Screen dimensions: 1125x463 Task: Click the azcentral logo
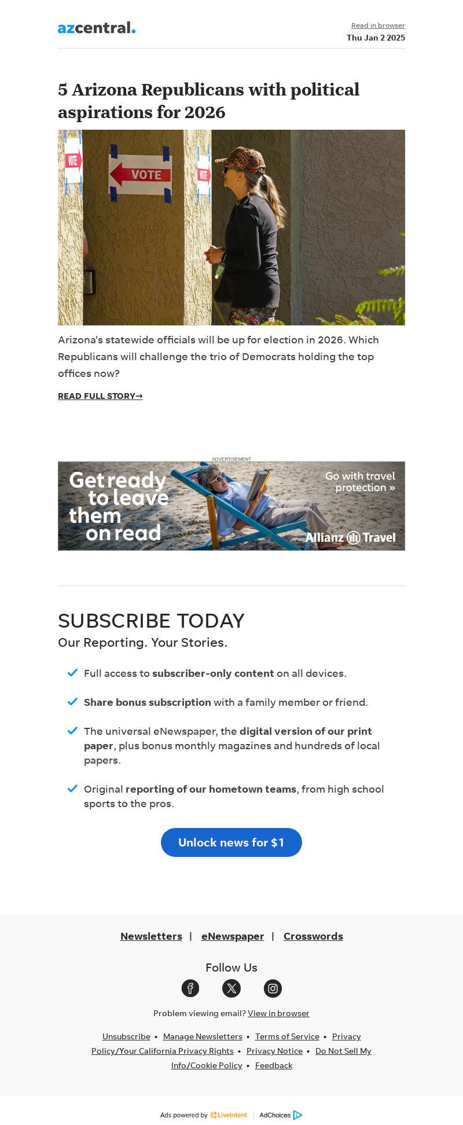96,28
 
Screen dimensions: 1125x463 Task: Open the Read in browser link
378,25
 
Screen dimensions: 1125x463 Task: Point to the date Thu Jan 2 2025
376,38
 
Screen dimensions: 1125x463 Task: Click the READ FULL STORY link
100,396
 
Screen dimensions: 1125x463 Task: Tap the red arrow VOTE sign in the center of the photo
141,174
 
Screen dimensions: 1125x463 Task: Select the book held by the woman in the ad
258,485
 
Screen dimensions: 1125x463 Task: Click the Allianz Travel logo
351,537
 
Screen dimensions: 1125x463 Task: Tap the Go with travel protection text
360,482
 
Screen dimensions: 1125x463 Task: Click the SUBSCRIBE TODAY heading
151,621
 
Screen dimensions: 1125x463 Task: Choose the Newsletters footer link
151,936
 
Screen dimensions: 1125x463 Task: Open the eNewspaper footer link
233,936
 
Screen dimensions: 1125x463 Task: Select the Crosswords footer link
313,936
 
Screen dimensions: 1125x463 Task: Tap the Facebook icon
190,988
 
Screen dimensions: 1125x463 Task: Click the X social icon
231,988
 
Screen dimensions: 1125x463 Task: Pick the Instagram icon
273,988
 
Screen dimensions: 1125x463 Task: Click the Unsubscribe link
126,1036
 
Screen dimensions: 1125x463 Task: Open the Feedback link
274,1065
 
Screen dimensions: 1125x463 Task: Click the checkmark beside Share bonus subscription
72,702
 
